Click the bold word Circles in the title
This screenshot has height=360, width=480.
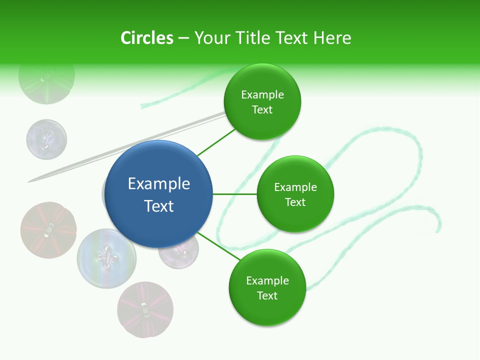[146, 38]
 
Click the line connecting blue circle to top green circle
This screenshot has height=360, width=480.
[216, 142]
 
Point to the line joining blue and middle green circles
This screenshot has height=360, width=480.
[235, 194]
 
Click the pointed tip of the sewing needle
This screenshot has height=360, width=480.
[29, 180]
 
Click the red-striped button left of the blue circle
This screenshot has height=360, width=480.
[48, 230]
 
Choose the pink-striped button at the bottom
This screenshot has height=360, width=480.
[145, 309]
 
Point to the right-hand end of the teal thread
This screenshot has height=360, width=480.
[438, 230]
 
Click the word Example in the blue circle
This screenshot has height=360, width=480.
[159, 184]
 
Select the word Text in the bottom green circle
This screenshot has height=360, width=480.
[267, 295]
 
